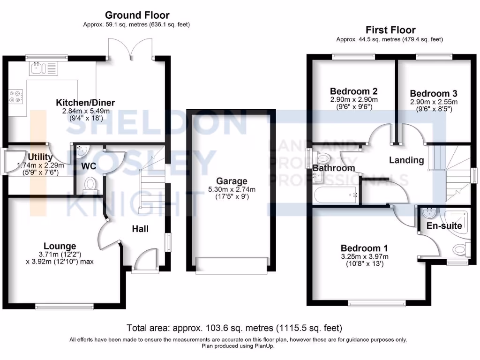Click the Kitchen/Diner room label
(x=85, y=103)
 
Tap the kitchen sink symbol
(x=43, y=69)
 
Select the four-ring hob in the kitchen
(x=16, y=96)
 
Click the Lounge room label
(x=60, y=246)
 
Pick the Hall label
(x=140, y=229)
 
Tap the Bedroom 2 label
(x=353, y=91)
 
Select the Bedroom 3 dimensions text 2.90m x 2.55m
(x=434, y=102)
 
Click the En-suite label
(x=444, y=225)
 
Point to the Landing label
(x=406, y=160)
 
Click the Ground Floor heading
(x=137, y=15)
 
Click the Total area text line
(x=234, y=327)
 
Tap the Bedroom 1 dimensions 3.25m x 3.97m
(x=364, y=256)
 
